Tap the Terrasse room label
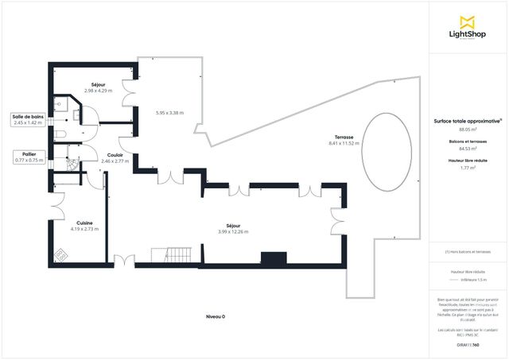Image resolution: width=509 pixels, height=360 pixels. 344,137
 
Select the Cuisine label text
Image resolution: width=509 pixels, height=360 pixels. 84,223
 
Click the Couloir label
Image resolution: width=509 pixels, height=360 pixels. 115,155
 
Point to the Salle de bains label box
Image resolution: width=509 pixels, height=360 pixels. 26,120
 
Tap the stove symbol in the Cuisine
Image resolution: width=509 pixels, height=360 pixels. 61,255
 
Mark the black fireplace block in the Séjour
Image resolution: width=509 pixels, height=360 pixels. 274,257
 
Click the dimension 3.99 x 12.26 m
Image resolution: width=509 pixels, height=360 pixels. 233,231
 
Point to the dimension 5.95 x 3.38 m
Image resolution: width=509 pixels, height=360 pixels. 169,113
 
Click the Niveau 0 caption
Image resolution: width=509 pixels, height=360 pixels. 215,316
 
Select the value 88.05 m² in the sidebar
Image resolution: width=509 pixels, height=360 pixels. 468,129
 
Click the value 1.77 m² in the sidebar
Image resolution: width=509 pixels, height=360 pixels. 468,168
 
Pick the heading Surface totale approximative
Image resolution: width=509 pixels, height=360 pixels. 468,121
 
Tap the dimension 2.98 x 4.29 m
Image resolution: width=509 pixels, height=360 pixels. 99,91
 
